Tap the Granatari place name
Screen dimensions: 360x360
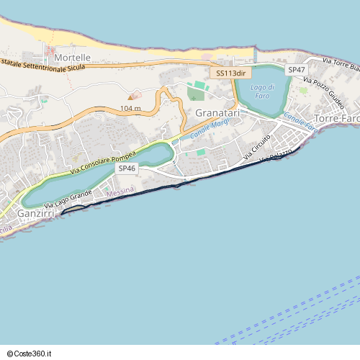click(x=217, y=113)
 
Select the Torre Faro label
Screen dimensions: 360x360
click(x=337, y=118)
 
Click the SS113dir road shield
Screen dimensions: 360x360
click(x=230, y=73)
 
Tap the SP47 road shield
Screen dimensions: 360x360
click(x=297, y=69)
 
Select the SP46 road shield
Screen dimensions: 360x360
click(x=127, y=168)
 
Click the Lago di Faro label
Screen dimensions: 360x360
click(x=263, y=91)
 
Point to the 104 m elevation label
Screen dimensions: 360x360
click(x=130, y=108)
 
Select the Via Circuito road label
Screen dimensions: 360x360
click(x=257, y=146)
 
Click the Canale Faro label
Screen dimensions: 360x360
click(x=300, y=122)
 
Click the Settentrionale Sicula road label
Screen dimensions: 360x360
click(x=43, y=66)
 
